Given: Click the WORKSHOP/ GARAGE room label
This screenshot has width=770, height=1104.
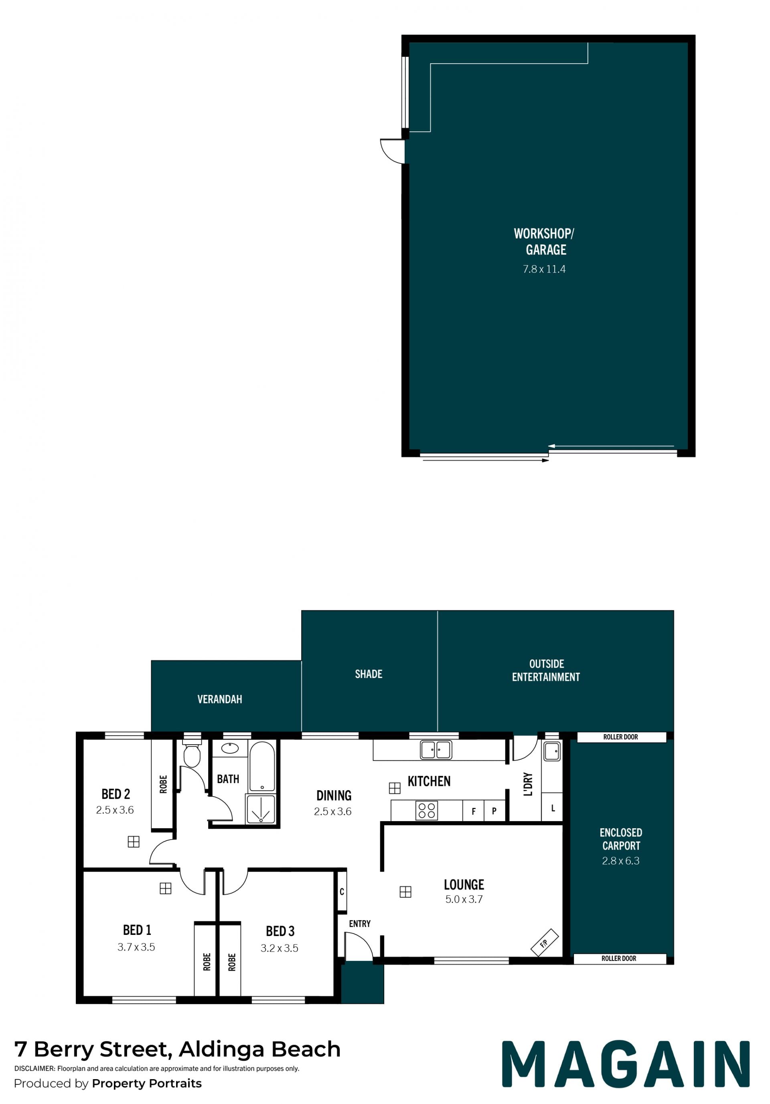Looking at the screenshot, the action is point(544,241).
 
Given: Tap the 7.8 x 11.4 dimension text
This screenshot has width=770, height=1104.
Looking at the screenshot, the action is point(544,269).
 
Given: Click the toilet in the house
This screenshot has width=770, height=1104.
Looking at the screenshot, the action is point(192,753).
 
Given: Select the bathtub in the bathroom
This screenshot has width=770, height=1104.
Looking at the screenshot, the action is point(262,766).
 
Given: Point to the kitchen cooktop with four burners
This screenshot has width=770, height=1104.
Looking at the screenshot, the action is point(426,810).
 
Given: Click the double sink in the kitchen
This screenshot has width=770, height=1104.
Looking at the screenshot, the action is point(436,750).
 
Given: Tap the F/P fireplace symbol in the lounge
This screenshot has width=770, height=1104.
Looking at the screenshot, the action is point(544,942).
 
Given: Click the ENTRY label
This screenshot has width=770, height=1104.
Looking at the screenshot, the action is point(359,924).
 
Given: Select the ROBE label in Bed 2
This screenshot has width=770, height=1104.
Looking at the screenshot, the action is point(163,784).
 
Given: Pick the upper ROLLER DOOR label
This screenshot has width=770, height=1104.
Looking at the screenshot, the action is point(620,737).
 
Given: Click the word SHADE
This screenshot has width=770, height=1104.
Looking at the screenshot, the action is point(369,674).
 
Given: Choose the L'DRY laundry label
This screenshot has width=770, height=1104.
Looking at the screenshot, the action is point(528,784).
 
